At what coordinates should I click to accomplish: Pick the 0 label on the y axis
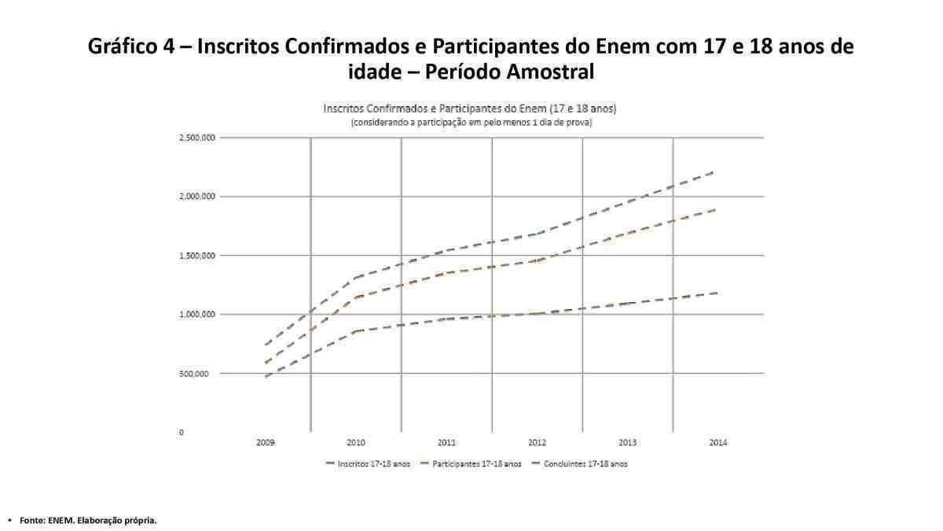182,433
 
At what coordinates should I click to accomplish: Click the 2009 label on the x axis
266,443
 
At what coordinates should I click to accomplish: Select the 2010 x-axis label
356,443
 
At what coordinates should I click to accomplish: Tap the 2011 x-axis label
446,443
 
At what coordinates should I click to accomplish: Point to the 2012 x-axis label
537,443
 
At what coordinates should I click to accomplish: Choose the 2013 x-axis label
628,443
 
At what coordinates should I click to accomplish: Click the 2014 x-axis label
718,443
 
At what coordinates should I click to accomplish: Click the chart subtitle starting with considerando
471,124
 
